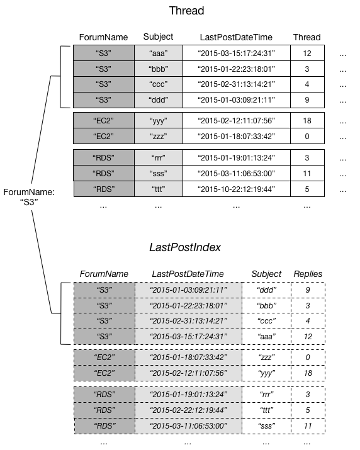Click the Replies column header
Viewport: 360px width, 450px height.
[307, 274]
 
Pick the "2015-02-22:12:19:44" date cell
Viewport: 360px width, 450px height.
[188, 410]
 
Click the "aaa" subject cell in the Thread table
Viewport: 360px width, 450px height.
[158, 53]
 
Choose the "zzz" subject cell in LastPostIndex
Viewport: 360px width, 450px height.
[266, 357]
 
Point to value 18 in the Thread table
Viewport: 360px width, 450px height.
[307, 120]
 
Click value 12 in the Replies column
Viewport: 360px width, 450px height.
[307, 337]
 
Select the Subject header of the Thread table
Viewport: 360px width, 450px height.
[158, 37]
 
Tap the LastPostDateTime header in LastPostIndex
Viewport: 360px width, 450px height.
[188, 274]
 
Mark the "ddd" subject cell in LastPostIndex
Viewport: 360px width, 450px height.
[266, 290]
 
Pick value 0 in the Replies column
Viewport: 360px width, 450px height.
[307, 357]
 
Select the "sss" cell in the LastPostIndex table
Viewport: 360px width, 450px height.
[266, 425]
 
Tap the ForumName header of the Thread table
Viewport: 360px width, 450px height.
[103, 37]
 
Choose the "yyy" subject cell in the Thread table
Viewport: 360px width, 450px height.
[158, 120]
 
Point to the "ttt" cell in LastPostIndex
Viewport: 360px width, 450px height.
[266, 410]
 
